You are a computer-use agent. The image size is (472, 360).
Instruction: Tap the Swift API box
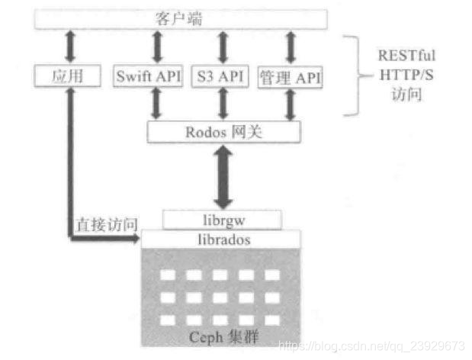pos(148,76)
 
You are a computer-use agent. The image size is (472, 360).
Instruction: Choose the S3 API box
pos(222,76)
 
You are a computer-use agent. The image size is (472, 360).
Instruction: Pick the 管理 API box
pos(291,76)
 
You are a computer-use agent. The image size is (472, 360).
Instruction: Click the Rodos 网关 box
pos(223,131)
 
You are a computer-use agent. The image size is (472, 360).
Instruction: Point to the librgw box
pos(222,220)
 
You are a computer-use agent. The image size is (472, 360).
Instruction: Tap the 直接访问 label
pos(106,226)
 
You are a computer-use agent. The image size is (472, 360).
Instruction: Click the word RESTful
pos(408,56)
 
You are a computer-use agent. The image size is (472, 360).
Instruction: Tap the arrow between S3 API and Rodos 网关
pos(223,104)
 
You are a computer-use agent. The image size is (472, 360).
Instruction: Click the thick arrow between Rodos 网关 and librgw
pos(223,176)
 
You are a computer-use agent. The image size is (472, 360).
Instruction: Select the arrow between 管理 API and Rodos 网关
pos(291,104)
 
